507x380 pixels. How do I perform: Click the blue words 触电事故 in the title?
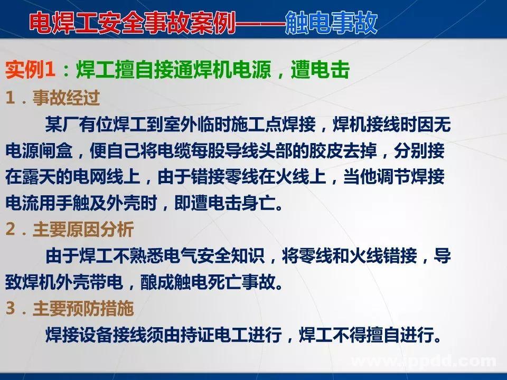pyautogui.click(x=331, y=23)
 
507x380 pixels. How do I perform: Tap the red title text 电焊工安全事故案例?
pyautogui.click(x=132, y=23)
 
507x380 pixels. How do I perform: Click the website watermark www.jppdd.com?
pyautogui.click(x=422, y=361)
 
